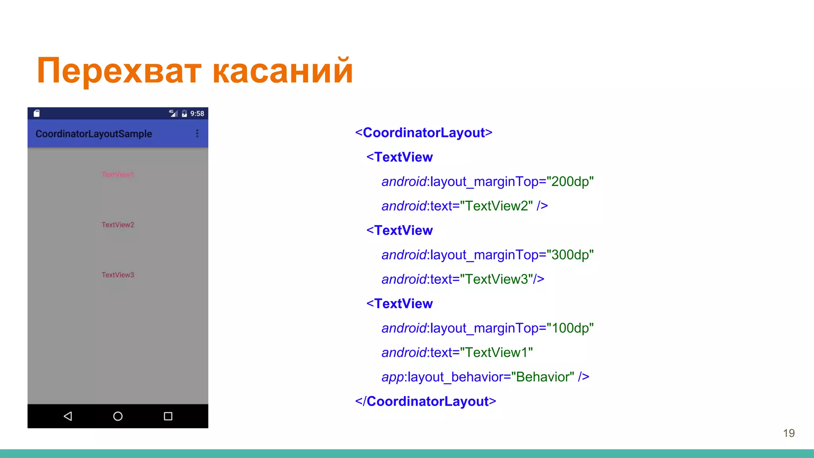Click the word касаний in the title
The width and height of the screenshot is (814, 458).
click(x=283, y=71)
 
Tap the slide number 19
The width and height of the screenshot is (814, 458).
click(x=789, y=433)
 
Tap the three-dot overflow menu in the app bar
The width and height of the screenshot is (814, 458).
click(x=197, y=134)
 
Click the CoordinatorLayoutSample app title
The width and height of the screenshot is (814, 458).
click(x=94, y=134)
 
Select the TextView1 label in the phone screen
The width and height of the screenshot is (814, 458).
click(x=118, y=175)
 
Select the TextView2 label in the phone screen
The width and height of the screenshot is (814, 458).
click(x=118, y=225)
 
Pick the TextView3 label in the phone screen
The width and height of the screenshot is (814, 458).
click(x=118, y=275)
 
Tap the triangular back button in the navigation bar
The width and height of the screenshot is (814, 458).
click(x=68, y=416)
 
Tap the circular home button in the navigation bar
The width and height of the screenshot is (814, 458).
click(x=118, y=416)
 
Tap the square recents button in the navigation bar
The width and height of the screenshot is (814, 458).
click(x=168, y=416)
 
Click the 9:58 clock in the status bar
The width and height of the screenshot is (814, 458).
click(x=197, y=114)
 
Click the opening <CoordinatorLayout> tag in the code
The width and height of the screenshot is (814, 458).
click(x=424, y=132)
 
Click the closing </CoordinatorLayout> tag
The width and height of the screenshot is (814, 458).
click(x=426, y=401)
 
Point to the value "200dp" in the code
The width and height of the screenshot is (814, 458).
click(x=570, y=181)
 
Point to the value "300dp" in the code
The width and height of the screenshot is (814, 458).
click(x=570, y=254)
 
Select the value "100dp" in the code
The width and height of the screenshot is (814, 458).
click(x=570, y=328)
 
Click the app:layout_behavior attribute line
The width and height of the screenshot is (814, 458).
click(x=485, y=377)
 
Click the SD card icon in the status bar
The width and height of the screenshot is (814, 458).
click(x=37, y=113)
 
